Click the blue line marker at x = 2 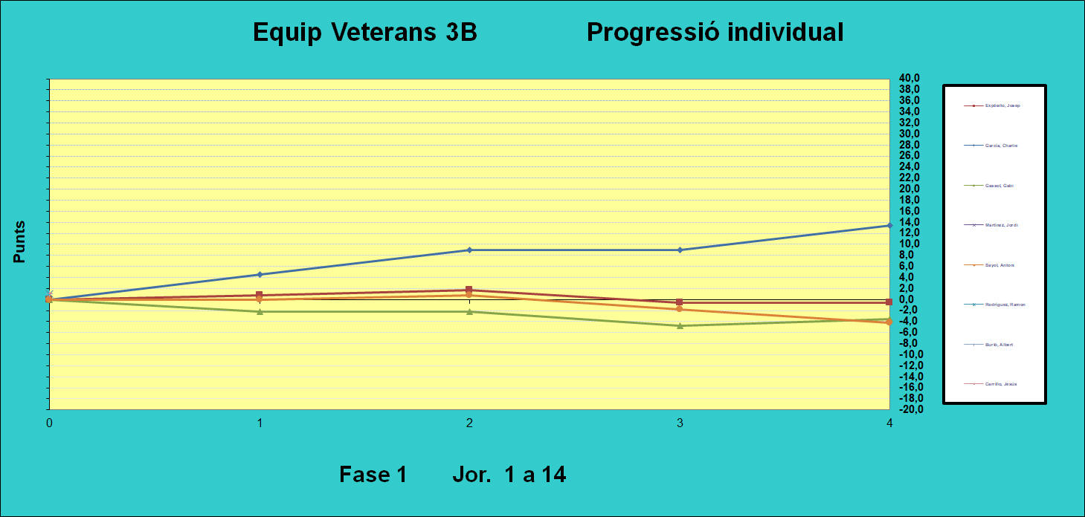[x=469, y=250]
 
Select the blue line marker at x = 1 [x=259, y=275]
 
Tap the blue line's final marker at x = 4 [x=889, y=225]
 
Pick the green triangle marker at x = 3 [x=680, y=325]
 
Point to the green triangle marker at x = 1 [x=259, y=311]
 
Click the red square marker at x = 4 [x=889, y=302]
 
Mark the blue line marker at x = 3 [x=680, y=250]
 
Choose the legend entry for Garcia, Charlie [x=1001, y=146]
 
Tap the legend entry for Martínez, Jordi [x=1001, y=225]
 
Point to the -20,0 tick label [x=909, y=409]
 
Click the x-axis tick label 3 [x=680, y=423]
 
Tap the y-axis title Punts [x=20, y=241]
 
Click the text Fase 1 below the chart [x=373, y=474]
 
